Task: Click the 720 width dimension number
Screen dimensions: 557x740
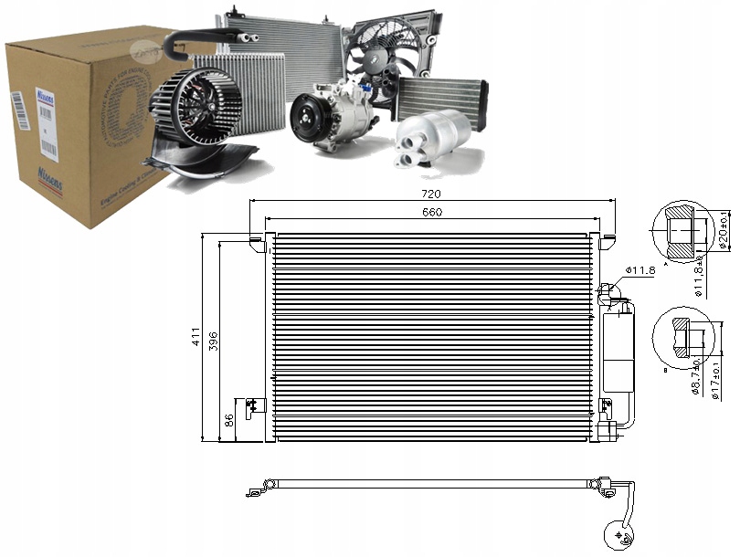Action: pos(432,194)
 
